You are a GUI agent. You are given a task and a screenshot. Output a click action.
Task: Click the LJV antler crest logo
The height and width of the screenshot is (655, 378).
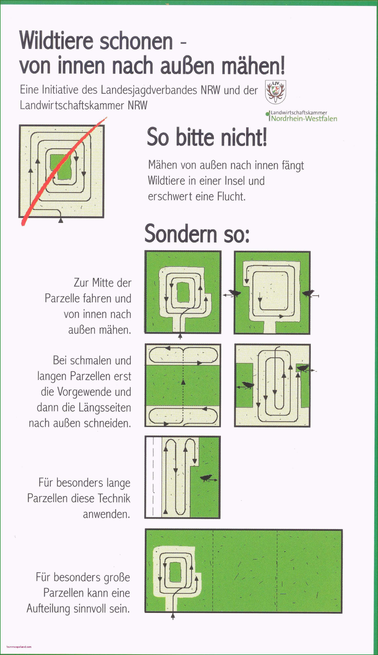[275, 92]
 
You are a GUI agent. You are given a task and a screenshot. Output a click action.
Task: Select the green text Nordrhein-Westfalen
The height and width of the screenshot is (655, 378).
[304, 119]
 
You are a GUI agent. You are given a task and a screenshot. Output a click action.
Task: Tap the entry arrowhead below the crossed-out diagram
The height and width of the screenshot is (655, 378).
[61, 220]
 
